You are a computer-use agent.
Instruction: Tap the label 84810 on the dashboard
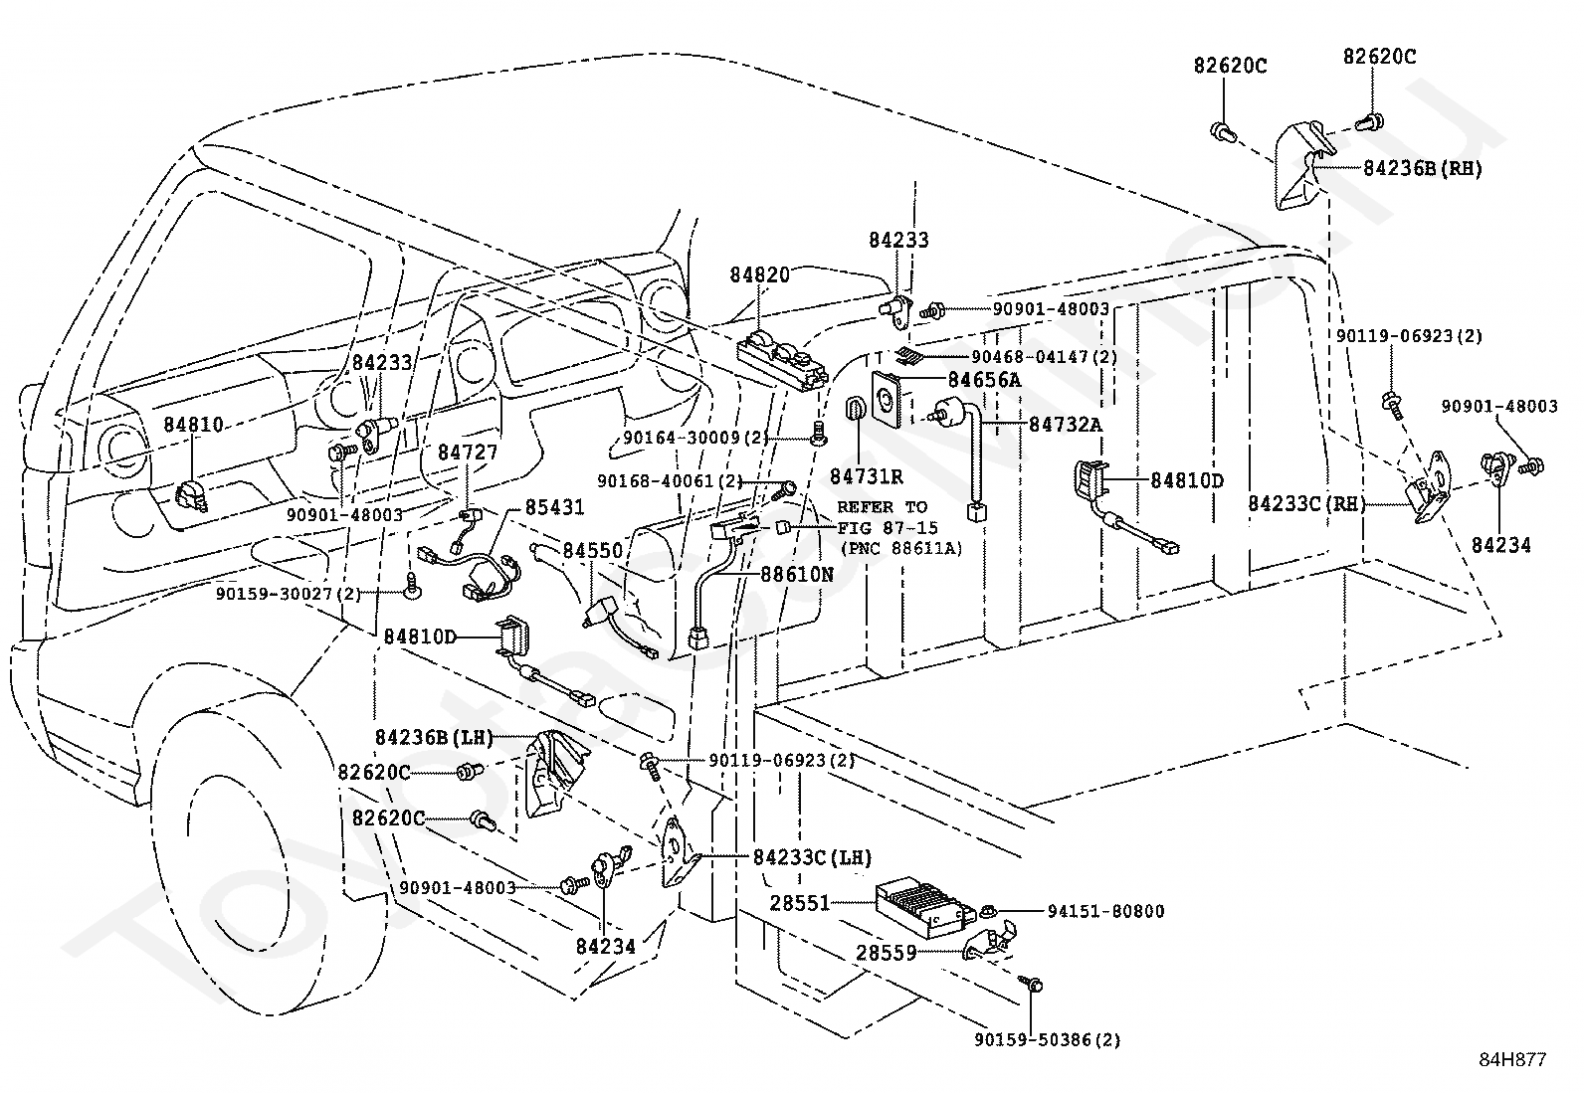pyautogui.click(x=193, y=425)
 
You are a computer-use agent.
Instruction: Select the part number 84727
pyautogui.click(x=468, y=453)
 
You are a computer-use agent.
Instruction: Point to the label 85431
pyautogui.click(x=554, y=508)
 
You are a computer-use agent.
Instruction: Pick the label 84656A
pyautogui.click(x=984, y=380)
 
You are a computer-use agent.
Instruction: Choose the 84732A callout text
pyautogui.click(x=1065, y=425)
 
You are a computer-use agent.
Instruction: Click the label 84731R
pyautogui.click(x=866, y=477)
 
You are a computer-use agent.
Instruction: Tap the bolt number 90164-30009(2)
pyautogui.click(x=696, y=438)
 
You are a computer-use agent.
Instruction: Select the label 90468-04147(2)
pyautogui.click(x=1044, y=356)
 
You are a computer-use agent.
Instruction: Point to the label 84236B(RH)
pyautogui.click(x=1422, y=169)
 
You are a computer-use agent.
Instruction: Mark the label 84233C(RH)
pyautogui.click(x=1307, y=504)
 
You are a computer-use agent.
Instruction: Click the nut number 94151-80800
pyautogui.click(x=1105, y=911)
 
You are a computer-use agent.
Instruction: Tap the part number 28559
pyautogui.click(x=886, y=953)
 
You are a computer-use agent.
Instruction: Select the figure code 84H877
pyautogui.click(x=1511, y=1060)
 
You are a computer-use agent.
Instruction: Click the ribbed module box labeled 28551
pyautogui.click(x=919, y=906)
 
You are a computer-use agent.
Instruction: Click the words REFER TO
pyautogui.click(x=882, y=507)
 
